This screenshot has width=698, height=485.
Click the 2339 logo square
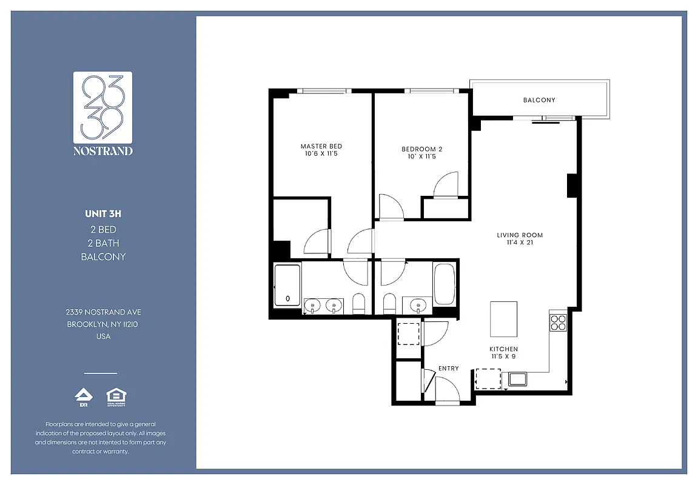pyautogui.click(x=102, y=107)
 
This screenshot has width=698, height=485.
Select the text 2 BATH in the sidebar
pyautogui.click(x=103, y=243)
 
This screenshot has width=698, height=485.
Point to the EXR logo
pyautogui.click(x=83, y=396)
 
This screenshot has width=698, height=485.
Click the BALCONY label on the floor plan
pyautogui.click(x=539, y=100)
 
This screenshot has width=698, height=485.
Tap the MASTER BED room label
pyautogui.click(x=321, y=146)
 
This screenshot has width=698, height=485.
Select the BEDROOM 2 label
pyautogui.click(x=422, y=149)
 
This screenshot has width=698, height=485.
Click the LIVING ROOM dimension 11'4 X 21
pyautogui.click(x=520, y=242)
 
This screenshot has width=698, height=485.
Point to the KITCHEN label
pyautogui.click(x=503, y=349)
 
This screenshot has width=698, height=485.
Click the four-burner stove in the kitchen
pyautogui.click(x=557, y=323)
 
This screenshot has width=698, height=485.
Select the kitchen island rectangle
pyautogui.click(x=503, y=319)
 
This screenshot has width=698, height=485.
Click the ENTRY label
pyautogui.click(x=448, y=368)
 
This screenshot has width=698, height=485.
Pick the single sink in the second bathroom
pyautogui.click(x=417, y=306)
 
